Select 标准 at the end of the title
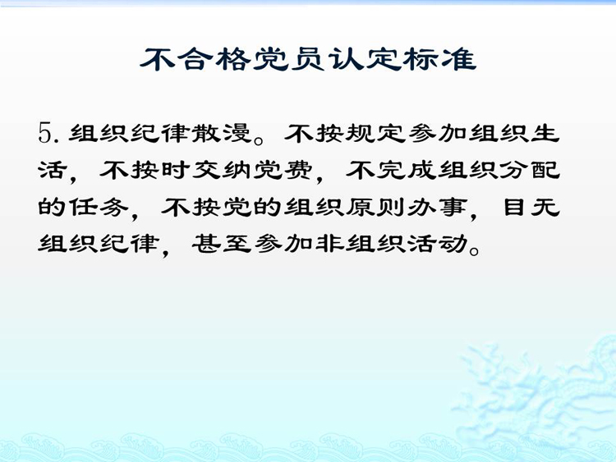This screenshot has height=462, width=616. coord(441,60)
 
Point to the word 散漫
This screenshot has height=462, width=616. coord(221,133)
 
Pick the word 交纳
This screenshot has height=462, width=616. coord(221,170)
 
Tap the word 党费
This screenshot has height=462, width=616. coord(283,170)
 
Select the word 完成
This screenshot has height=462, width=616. coord(407,170)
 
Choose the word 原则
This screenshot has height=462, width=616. coord(375,207)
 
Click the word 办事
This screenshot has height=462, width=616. coord(437,207)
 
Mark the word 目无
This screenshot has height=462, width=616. coord(531,207)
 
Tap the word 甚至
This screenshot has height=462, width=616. coord(221,244)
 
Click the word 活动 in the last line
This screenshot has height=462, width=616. coord(437,244)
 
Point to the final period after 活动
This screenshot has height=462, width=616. coord(474,250)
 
